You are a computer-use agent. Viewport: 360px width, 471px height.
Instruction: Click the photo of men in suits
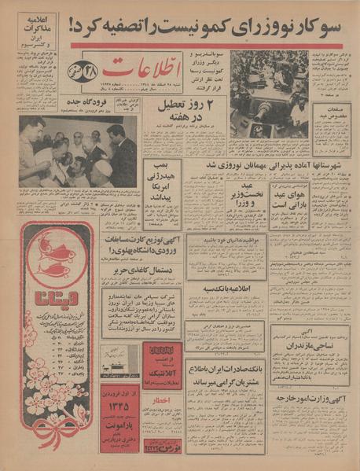coord(77,150)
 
